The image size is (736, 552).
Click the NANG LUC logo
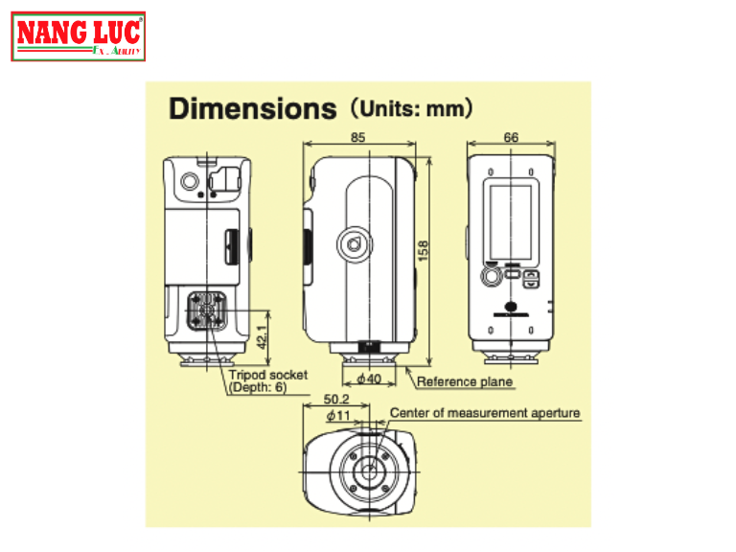pos(80,37)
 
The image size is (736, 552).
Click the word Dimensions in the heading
pos(252,108)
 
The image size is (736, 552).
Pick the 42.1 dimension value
pos(261,337)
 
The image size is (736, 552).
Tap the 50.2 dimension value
pos(335,400)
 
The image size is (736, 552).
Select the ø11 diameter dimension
pos(336,415)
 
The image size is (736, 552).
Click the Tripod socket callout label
pos(268,376)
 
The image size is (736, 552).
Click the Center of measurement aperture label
pos(485,414)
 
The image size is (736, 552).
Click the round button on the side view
pos(354,244)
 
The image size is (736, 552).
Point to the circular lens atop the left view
pos(188,180)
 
